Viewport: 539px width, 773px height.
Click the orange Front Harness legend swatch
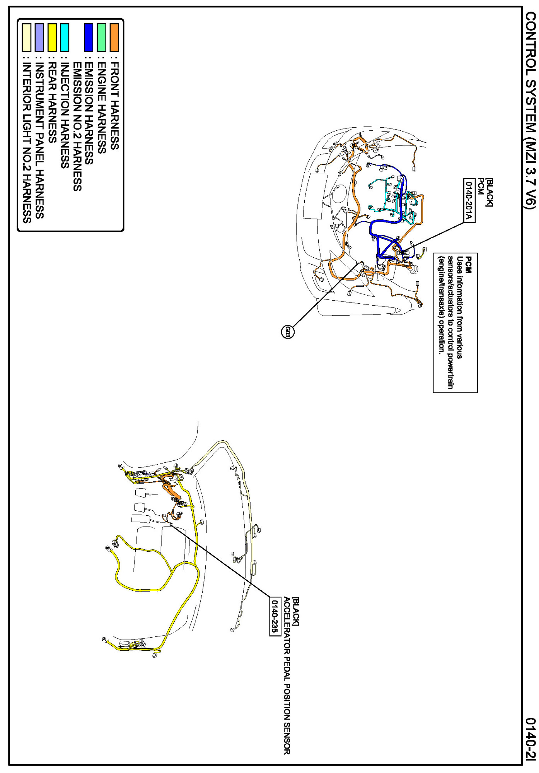pyautogui.click(x=114, y=38)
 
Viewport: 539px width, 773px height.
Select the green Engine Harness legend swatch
pyautogui.click(x=101, y=38)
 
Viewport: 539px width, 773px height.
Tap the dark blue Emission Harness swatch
pyautogui.click(x=89, y=38)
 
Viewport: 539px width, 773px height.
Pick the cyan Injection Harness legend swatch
pyautogui.click(x=65, y=38)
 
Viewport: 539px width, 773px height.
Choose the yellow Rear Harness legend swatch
pyautogui.click(x=52, y=38)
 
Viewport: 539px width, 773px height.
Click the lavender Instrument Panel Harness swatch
pyautogui.click(x=39, y=38)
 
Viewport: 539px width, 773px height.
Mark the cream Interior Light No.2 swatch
pyautogui.click(x=26, y=38)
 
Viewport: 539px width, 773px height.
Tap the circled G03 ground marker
pyautogui.click(x=287, y=332)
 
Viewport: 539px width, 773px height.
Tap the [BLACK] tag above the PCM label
pyautogui.click(x=489, y=192)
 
